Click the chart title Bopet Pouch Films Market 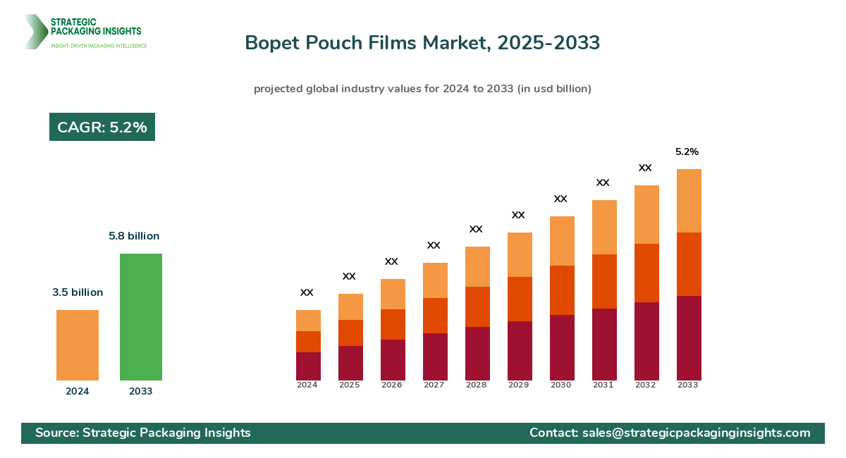[422, 43]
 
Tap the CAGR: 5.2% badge [102, 127]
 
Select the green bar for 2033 [141, 317]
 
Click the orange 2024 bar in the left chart [78, 345]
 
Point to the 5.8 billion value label [134, 236]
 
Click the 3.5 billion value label [78, 292]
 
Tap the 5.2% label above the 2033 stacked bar [687, 151]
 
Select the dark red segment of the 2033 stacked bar [689, 338]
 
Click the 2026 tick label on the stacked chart [391, 385]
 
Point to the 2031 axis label [603, 385]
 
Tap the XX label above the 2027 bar [434, 245]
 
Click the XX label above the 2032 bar [645, 168]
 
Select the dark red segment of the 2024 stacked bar [308, 366]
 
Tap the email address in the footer [696, 433]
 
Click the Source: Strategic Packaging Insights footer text [143, 433]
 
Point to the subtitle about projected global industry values [422, 89]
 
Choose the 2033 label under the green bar [140, 392]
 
